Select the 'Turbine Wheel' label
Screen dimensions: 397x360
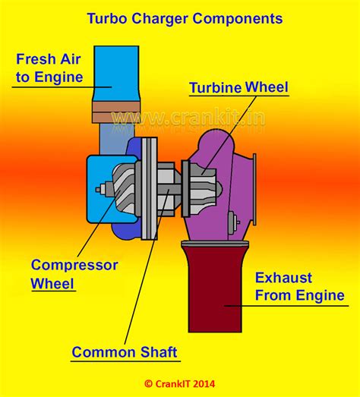pos(238,88)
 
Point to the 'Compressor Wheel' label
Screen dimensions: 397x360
pos(74,275)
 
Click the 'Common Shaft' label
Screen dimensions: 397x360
pos(125,352)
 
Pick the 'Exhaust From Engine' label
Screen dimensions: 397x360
pos(298,286)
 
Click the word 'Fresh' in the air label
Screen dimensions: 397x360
pos(35,58)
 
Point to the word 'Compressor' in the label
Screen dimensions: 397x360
pos(74,266)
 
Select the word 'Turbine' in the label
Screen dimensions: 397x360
pos(216,88)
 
